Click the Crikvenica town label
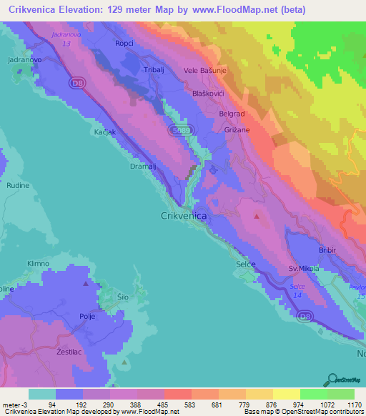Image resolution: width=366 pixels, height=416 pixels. tap(184, 216)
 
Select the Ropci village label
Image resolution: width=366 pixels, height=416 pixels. tap(124, 44)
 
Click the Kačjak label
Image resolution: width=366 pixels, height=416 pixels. tap(104, 134)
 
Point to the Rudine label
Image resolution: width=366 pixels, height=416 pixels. tap(18, 185)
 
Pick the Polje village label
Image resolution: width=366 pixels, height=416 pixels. tap(87, 315)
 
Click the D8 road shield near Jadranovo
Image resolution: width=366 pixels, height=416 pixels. tap(76, 84)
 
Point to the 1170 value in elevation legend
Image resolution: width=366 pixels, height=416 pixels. tap(353, 405)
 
